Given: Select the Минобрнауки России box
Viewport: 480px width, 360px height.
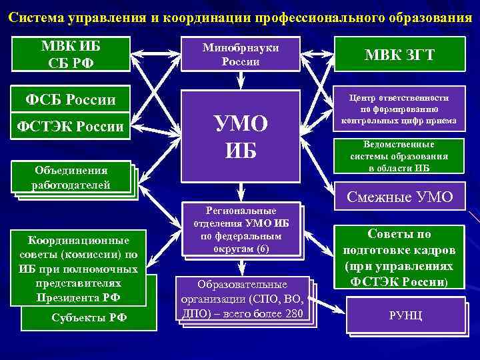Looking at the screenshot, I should pyautogui.click(x=241, y=53).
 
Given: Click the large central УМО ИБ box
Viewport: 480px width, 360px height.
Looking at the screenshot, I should pyautogui.click(x=241, y=137).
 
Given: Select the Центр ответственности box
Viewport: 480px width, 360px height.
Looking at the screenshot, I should pyautogui.click(x=399, y=109).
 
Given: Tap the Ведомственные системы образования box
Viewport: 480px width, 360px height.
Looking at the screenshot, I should pyautogui.click(x=399, y=156).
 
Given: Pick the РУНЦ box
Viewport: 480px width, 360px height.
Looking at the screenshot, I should pyautogui.click(x=405, y=315).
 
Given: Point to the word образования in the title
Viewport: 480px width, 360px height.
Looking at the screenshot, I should pyautogui.click(x=425, y=17).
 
